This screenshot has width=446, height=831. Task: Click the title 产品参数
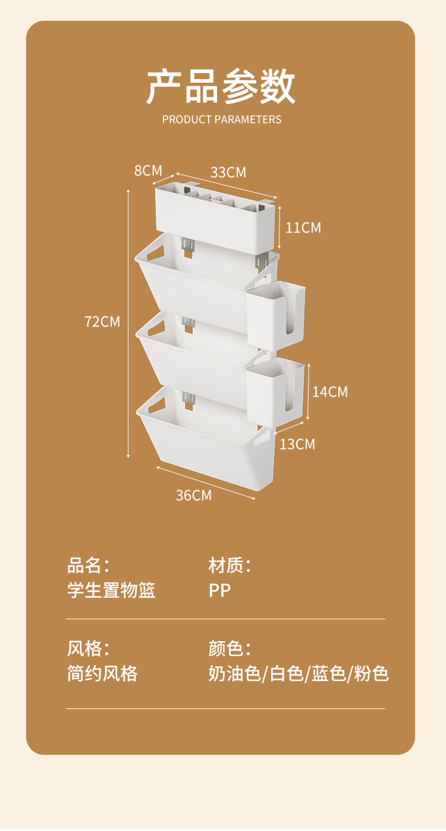(221, 87)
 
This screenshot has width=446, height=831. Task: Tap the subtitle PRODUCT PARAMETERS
(222, 120)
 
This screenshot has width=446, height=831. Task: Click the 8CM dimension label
(148, 171)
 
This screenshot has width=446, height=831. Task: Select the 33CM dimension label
(228, 173)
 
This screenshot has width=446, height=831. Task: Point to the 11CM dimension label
(303, 228)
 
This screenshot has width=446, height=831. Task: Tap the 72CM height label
(102, 322)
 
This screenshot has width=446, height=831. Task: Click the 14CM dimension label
(330, 392)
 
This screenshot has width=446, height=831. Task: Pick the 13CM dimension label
(297, 444)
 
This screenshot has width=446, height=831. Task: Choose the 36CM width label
(194, 495)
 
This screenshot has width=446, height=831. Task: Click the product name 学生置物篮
(111, 591)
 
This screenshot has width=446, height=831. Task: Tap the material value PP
(219, 591)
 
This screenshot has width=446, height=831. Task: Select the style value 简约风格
(102, 673)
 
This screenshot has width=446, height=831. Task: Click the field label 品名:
(89, 565)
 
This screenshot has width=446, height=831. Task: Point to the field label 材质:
(230, 565)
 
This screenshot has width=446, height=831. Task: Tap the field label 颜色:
(230, 648)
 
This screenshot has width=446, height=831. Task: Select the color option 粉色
(372, 673)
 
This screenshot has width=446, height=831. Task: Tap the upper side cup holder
(275, 315)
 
